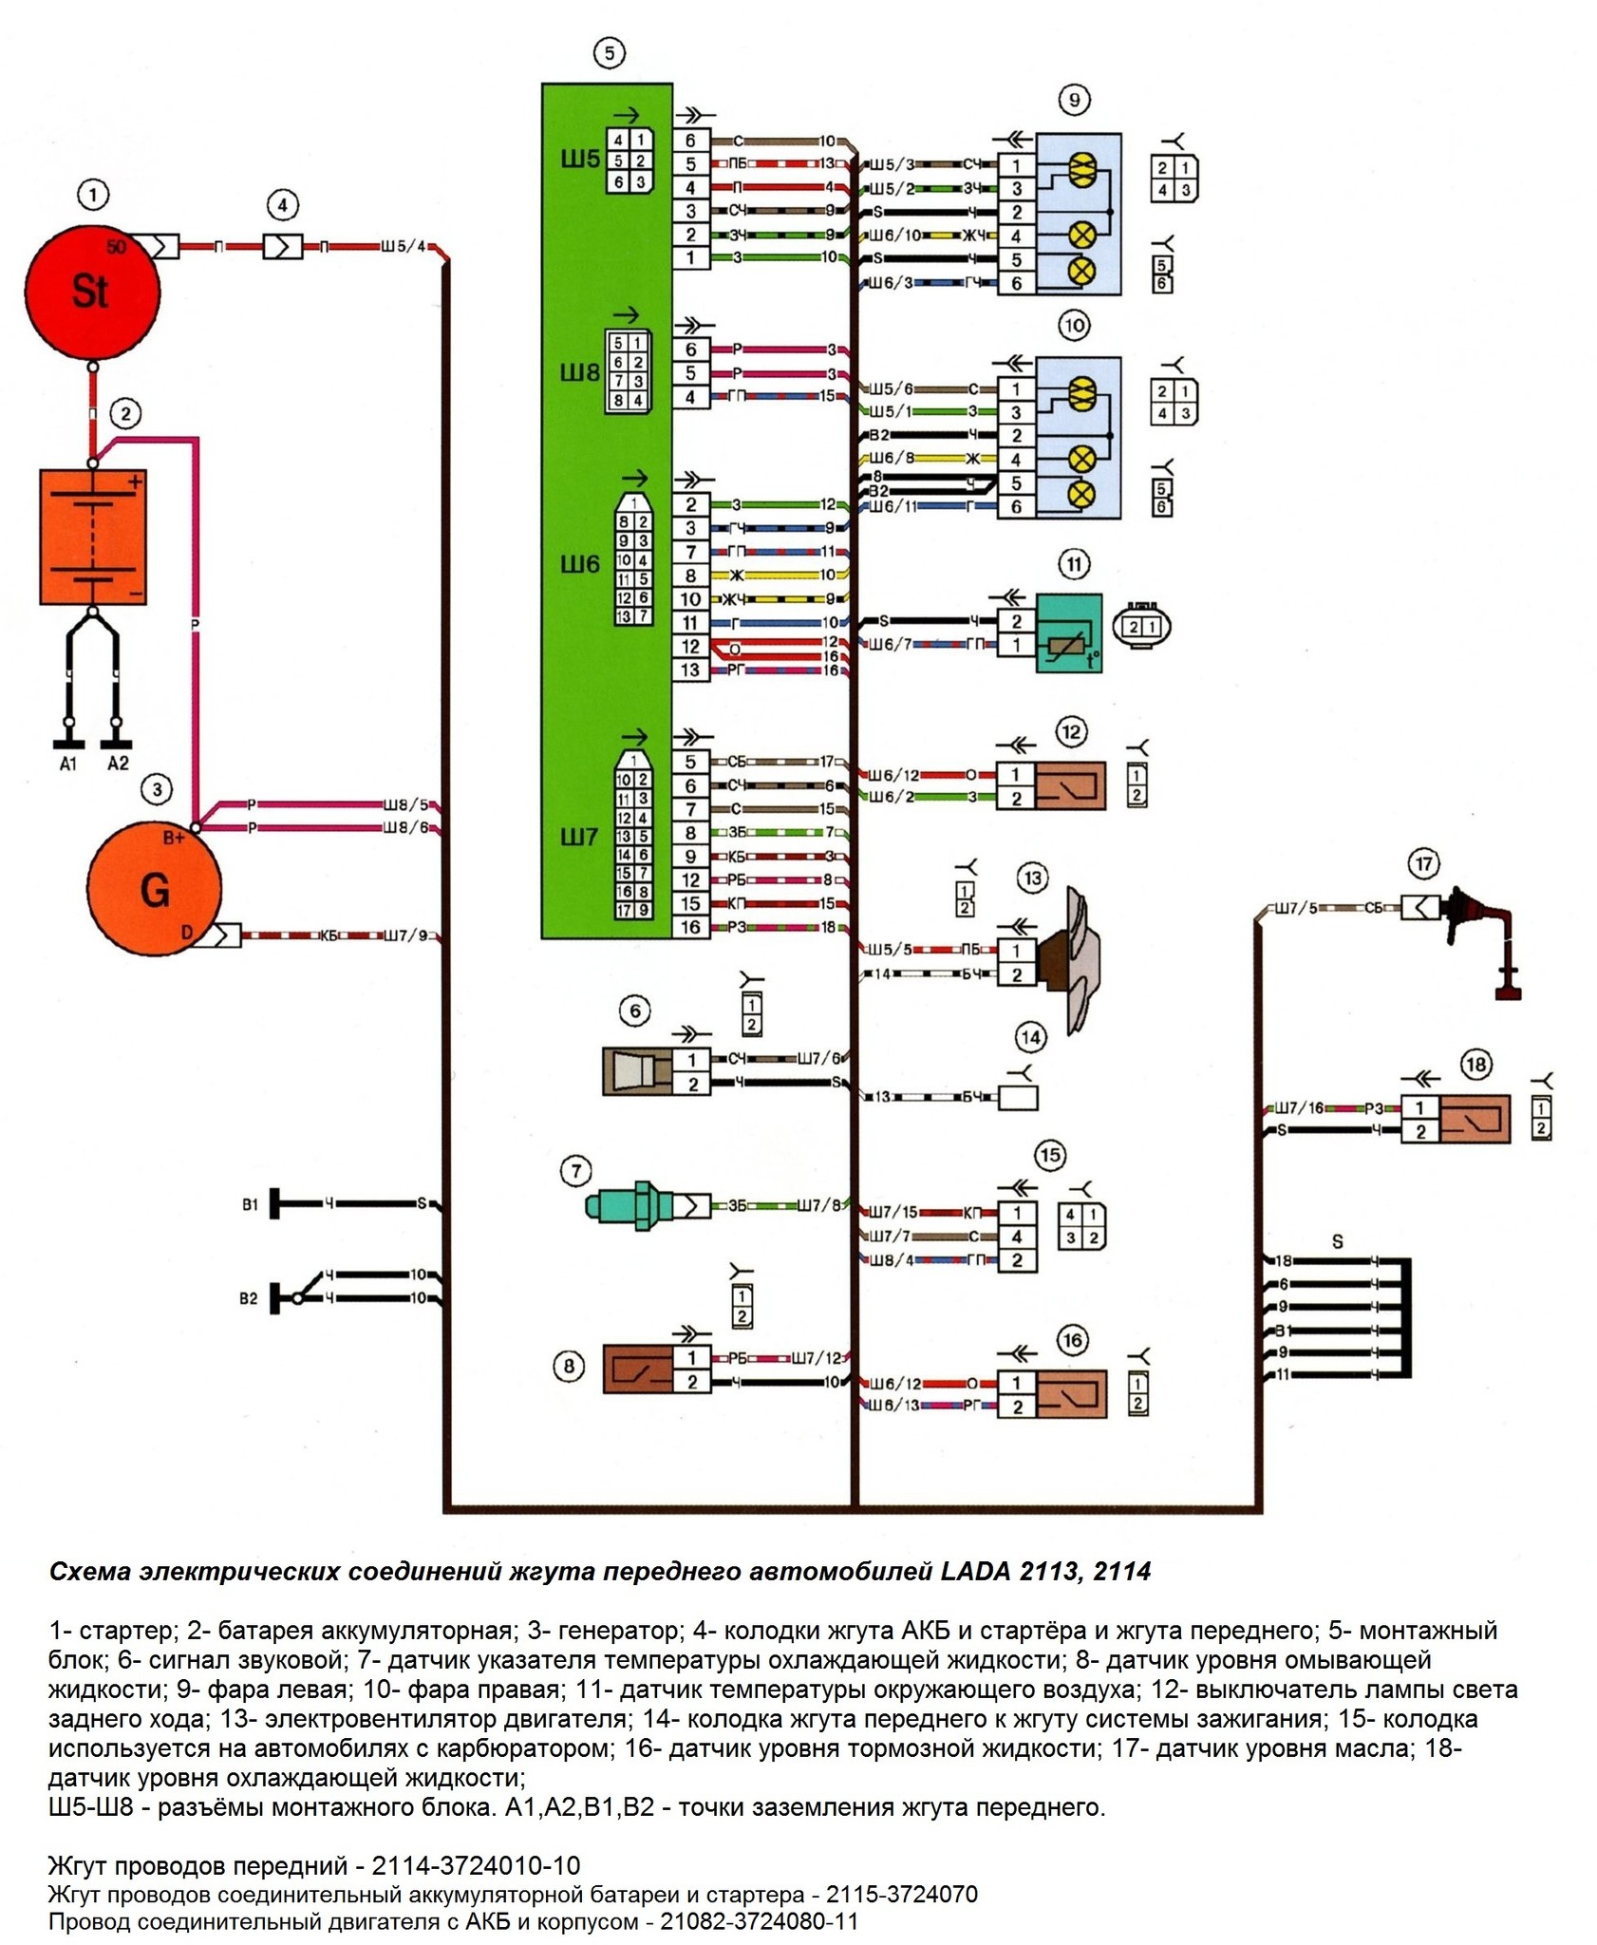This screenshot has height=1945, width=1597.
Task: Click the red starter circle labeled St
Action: click(91, 290)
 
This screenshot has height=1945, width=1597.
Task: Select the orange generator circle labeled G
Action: click(154, 889)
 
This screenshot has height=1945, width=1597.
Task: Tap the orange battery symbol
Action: click(93, 537)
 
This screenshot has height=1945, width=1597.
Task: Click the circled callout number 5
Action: click(609, 53)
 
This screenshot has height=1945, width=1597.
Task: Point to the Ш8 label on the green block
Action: click(579, 373)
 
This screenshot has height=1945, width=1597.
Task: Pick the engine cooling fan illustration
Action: click(1071, 960)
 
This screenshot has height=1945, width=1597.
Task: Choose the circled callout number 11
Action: click(1074, 565)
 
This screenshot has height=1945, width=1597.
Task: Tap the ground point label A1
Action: click(67, 764)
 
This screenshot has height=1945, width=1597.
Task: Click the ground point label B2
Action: click(248, 1298)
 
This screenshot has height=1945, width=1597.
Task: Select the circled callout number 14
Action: click(1030, 1037)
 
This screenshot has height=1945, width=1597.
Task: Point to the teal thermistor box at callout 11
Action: click(1070, 633)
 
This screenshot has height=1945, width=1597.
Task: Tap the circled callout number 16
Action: click(1072, 1341)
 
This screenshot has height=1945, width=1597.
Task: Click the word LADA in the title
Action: click(975, 1572)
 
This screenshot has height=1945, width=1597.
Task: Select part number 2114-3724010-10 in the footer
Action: click(476, 1865)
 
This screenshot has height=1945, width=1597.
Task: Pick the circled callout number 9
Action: click(1074, 100)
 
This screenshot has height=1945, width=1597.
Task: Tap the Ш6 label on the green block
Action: click(579, 565)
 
